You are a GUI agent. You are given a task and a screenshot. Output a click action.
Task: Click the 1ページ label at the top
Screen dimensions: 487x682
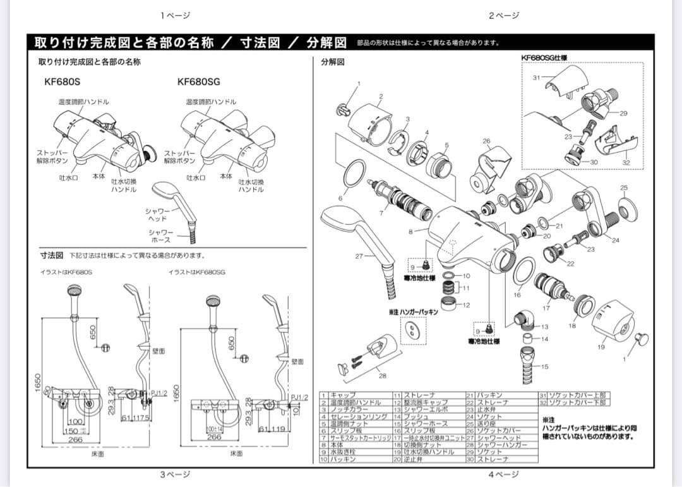pos(175,15)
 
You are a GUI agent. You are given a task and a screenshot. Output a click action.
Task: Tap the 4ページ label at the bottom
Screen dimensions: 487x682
pos(503,474)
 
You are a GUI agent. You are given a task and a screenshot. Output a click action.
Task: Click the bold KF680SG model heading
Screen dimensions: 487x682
pos(198,81)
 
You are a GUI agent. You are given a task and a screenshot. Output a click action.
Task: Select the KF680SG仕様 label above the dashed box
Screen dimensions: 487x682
pos(544,57)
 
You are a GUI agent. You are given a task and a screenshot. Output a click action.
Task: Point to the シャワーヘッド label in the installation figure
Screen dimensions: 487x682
pos(159,215)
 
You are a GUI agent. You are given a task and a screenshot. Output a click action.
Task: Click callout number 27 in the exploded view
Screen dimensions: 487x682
pos(359,256)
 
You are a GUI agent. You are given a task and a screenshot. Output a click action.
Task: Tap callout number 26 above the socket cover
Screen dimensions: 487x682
pos(486,141)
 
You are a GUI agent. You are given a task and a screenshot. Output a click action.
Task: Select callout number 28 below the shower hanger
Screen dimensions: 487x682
pos(382,376)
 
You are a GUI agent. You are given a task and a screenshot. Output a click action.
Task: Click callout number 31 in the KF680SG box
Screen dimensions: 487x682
pos(536,78)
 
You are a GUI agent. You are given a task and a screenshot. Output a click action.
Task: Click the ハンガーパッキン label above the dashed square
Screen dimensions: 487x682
pos(414,311)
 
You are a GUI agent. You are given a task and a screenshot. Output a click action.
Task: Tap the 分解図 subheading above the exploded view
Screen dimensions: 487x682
pos(332,62)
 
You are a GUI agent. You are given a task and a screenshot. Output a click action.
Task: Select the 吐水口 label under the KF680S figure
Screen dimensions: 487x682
pos(68,178)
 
